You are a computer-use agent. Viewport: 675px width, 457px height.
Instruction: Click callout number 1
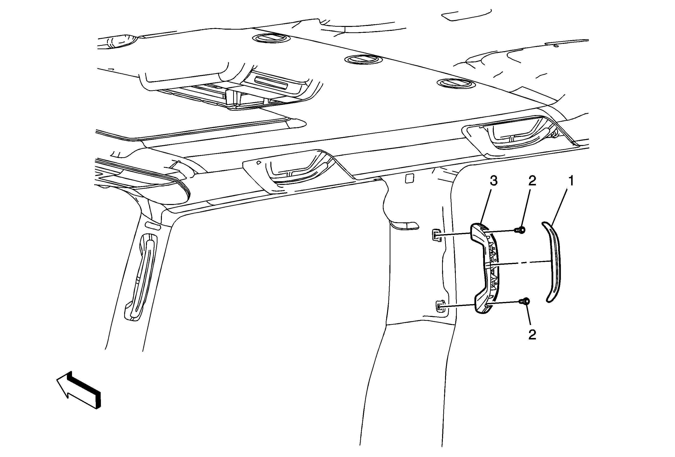click(571, 181)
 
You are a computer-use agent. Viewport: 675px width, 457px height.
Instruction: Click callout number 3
click(494, 181)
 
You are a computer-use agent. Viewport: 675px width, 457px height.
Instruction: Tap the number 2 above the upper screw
click(532, 181)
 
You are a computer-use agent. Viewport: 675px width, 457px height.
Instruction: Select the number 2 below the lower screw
click(532, 335)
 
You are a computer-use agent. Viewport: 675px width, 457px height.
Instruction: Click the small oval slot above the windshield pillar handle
click(153, 226)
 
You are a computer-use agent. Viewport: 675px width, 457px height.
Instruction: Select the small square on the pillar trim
click(409, 178)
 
